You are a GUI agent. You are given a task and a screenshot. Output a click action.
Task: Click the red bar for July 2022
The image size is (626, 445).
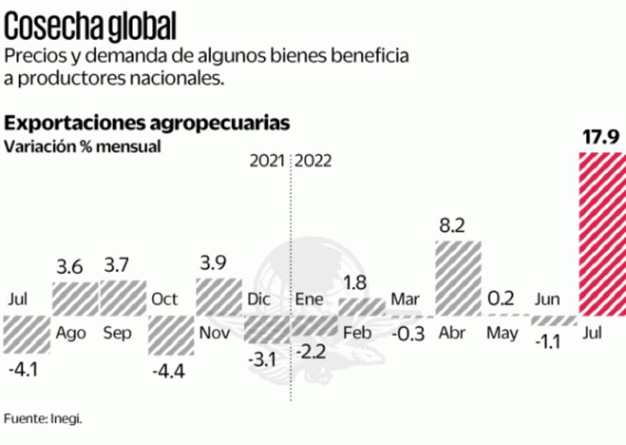point(602,234)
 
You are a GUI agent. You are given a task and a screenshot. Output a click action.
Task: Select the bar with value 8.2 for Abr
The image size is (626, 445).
point(457,278)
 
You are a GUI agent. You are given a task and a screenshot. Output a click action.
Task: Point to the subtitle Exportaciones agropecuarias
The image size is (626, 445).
point(147,123)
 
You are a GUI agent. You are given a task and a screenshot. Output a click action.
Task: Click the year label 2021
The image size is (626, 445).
point(268,161)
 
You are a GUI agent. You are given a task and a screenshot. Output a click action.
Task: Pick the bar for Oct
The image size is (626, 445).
point(170,334)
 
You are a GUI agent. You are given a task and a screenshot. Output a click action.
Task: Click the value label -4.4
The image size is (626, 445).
point(169,373)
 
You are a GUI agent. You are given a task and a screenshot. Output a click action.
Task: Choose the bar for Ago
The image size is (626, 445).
point(75,299)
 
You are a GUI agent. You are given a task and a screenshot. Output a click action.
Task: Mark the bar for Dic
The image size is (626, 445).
point(266,329)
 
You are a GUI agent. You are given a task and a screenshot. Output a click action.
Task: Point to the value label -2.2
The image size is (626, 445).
point(314,352)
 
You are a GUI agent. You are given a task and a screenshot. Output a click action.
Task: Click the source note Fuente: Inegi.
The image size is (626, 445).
point(43,418)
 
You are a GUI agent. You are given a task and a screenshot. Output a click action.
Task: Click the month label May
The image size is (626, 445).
point(503,333)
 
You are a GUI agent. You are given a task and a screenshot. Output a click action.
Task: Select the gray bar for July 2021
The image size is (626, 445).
point(27,334)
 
